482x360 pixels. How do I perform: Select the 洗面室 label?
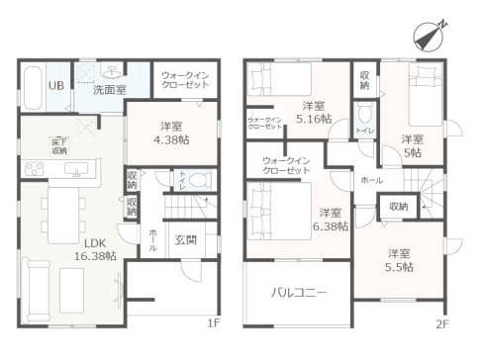click(109, 89)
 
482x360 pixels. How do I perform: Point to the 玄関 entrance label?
click(185, 239)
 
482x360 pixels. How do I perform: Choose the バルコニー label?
click(295, 293)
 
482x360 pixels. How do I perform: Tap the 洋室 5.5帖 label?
click(400, 259)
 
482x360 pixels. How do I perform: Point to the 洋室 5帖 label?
click(413, 145)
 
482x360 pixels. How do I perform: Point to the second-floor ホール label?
click(371, 181)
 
